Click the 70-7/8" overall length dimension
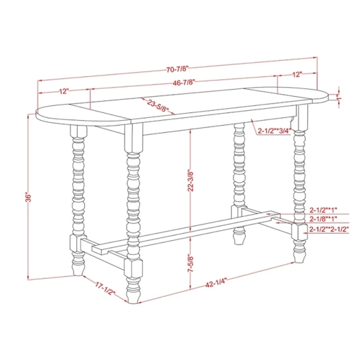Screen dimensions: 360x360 177,69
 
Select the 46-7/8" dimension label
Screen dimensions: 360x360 184,82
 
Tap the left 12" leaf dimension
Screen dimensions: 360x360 64,91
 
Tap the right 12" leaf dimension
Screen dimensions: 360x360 297,74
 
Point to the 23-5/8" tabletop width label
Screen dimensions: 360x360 158,106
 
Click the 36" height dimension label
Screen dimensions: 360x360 28,197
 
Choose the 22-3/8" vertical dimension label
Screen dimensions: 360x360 190,181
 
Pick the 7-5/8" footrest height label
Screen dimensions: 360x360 190,263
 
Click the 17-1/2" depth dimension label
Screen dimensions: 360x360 105,288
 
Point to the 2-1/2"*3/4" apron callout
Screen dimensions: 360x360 274,131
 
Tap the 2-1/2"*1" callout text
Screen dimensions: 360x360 323,210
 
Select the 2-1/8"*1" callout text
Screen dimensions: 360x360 323,219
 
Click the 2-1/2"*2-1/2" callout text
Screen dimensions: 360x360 329,229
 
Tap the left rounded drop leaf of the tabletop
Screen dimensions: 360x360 81,115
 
